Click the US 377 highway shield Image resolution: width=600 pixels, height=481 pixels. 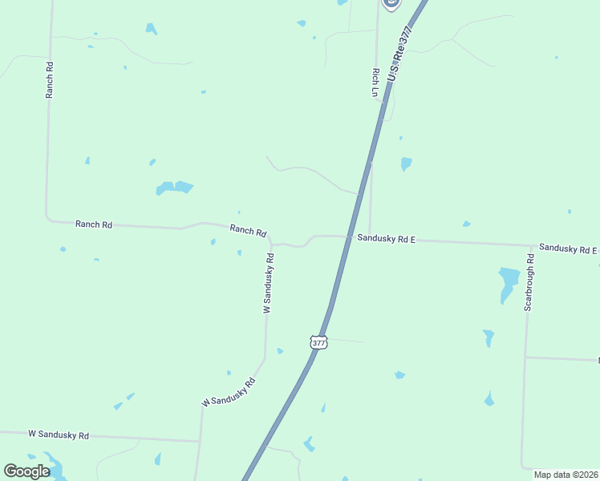coord(318,342)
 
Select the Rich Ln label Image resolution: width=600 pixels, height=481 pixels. coord(375,82)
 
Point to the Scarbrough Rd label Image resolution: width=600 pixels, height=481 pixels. coord(529,282)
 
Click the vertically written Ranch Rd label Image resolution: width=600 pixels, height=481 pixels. coord(50,80)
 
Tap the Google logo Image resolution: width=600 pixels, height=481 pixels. coord(26,471)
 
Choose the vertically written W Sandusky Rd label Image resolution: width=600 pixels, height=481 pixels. coord(269,283)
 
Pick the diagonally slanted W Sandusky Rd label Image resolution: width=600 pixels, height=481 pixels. coord(229,391)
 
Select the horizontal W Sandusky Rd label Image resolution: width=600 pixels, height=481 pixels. coord(59,435)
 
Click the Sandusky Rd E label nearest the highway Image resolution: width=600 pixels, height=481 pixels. coord(386,238)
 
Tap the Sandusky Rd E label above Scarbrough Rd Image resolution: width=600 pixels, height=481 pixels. coord(567,249)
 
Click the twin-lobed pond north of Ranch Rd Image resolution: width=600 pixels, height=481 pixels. coord(174,188)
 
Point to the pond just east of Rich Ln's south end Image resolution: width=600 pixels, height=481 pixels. coord(406,164)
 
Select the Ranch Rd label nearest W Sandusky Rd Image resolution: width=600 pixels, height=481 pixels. coord(248,230)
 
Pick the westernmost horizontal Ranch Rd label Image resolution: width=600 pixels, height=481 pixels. coord(94,224)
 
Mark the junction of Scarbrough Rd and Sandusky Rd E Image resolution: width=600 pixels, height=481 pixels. coord(531,245)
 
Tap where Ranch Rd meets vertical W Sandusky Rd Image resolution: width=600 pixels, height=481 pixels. coord(271,243)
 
